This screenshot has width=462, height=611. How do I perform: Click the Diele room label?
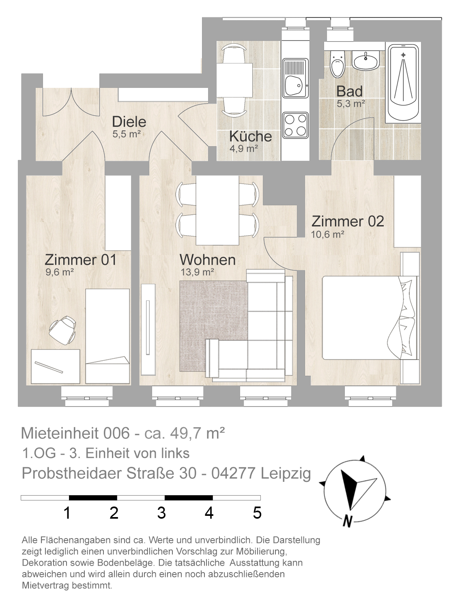tap(129, 121)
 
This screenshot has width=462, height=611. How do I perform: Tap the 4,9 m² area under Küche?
tap(243, 148)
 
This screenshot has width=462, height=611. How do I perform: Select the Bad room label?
tap(349, 91)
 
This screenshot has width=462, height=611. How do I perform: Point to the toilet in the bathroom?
tap(337, 64)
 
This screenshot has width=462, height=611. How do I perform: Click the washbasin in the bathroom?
tap(365, 60)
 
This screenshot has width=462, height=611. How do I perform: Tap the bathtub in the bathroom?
tap(403, 83)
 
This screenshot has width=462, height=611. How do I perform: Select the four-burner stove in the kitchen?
tap(295, 125)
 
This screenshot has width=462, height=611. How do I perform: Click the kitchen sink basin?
tap(293, 85)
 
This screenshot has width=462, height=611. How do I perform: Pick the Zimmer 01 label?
tap(80, 260)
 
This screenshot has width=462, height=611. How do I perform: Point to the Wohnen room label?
tap(207, 260)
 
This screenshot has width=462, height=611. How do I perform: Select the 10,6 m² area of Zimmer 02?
tap(327, 234)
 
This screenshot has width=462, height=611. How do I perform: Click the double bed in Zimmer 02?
tap(370, 317)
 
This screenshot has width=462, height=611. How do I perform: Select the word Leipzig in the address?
tap(286, 473)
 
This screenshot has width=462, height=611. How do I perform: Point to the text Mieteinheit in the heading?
tap(60, 433)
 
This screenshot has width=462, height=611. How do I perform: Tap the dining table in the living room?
tap(217, 210)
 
